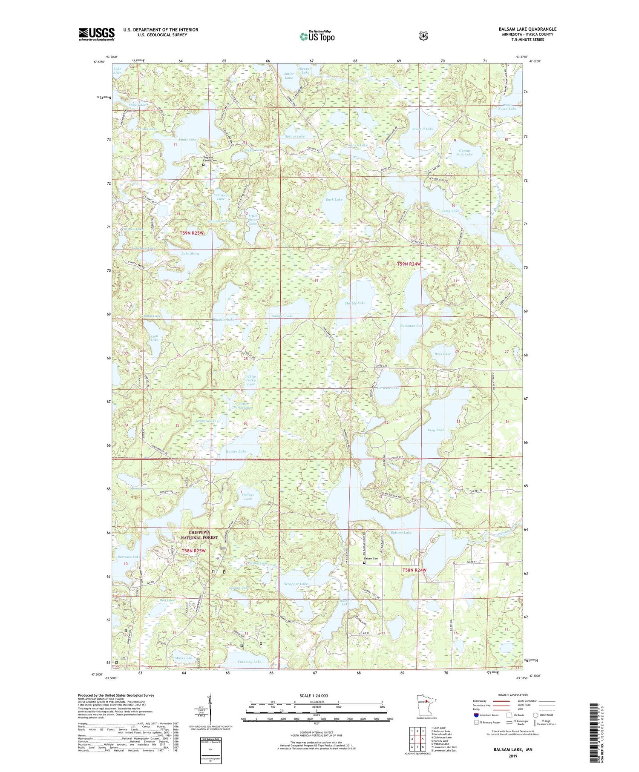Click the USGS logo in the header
[96, 34]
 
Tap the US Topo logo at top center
[317, 36]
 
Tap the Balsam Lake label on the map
[401, 533]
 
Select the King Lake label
[435, 430]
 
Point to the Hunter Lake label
[236, 451]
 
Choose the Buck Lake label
[334, 199]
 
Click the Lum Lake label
[154, 338]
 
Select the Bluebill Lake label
[423, 129]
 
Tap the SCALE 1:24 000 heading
[317, 696]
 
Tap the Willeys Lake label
[248, 496]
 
